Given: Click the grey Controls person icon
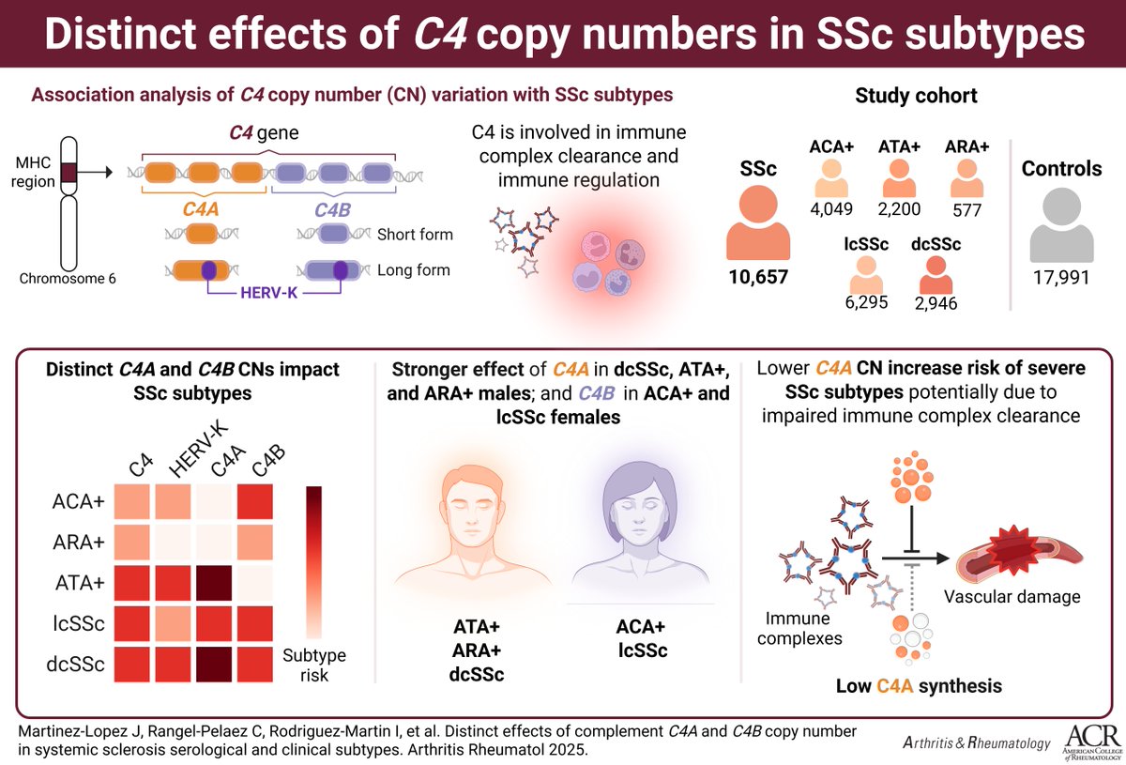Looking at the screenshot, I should tap(1061, 223).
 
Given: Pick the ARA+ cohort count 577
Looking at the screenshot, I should tap(966, 210).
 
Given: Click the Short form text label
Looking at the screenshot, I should tap(415, 234).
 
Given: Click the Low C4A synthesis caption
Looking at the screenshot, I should tap(919, 686).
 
